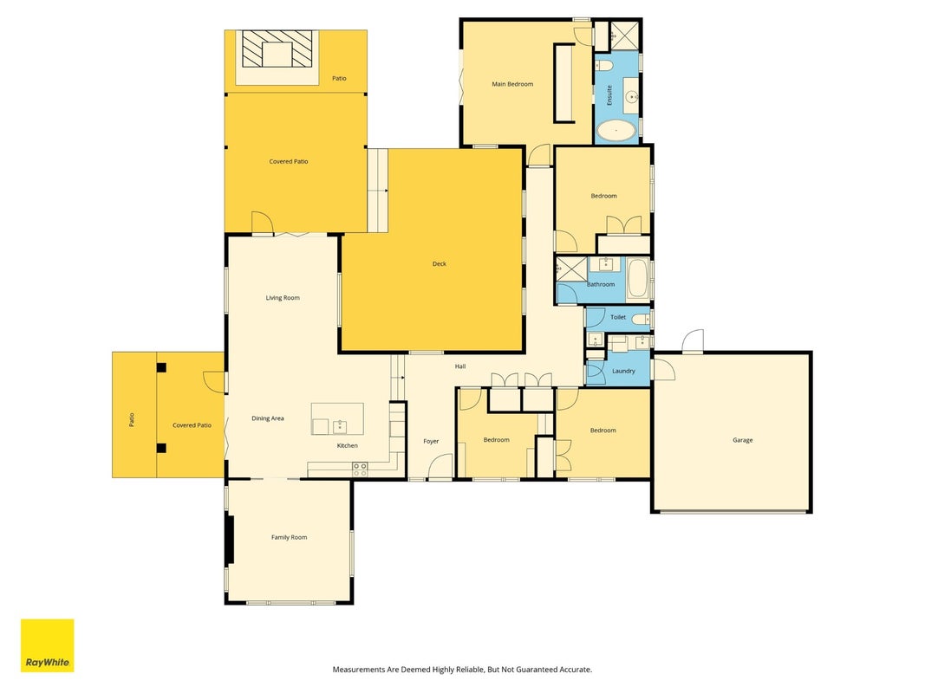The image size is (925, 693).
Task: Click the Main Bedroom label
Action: (x=512, y=84)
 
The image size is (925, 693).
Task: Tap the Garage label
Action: (x=742, y=440)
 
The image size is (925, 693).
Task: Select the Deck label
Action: (x=439, y=264)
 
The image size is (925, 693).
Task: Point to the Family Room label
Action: (x=289, y=537)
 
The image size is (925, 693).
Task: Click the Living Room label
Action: (x=283, y=298)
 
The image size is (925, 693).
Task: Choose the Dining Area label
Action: (x=268, y=418)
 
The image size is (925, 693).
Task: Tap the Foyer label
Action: (x=431, y=442)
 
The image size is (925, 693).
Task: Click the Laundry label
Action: (x=623, y=372)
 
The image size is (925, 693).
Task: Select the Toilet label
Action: (x=617, y=317)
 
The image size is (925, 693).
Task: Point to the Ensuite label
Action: (x=609, y=95)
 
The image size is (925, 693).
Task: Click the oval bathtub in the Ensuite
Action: (x=616, y=132)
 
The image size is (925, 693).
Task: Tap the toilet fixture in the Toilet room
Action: (x=641, y=320)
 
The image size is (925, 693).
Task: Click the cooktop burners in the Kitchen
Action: (x=360, y=469)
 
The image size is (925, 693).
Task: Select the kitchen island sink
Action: (x=339, y=426)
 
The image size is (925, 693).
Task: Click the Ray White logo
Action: (x=47, y=645)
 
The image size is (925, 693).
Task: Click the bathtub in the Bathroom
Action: (x=638, y=279)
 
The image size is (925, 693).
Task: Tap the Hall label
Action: (x=460, y=366)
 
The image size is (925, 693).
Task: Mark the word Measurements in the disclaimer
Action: (x=359, y=670)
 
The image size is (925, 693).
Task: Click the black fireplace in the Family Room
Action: (x=231, y=540)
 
